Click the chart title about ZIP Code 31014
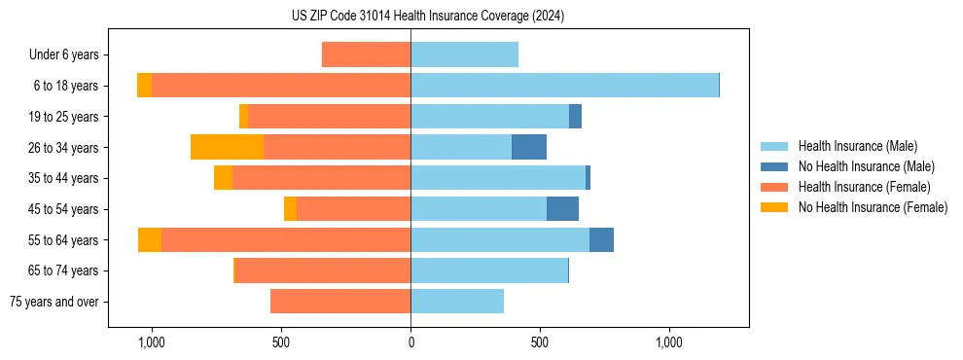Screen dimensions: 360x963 (428, 16)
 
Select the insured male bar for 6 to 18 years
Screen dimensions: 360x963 (564, 86)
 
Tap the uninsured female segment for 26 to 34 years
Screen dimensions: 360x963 (227, 147)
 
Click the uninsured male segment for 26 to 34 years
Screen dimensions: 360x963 (529, 147)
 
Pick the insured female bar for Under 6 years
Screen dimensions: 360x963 (366, 54)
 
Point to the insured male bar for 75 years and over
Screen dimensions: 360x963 (457, 302)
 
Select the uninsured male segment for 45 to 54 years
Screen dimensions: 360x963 (562, 209)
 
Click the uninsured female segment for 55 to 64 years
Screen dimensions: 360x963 (150, 239)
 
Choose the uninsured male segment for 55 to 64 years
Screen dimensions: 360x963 (601, 239)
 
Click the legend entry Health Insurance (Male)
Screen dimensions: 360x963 (857, 146)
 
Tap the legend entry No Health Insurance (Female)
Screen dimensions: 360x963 (873, 207)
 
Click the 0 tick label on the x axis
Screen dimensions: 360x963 (410, 342)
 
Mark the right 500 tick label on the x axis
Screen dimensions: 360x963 (540, 342)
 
